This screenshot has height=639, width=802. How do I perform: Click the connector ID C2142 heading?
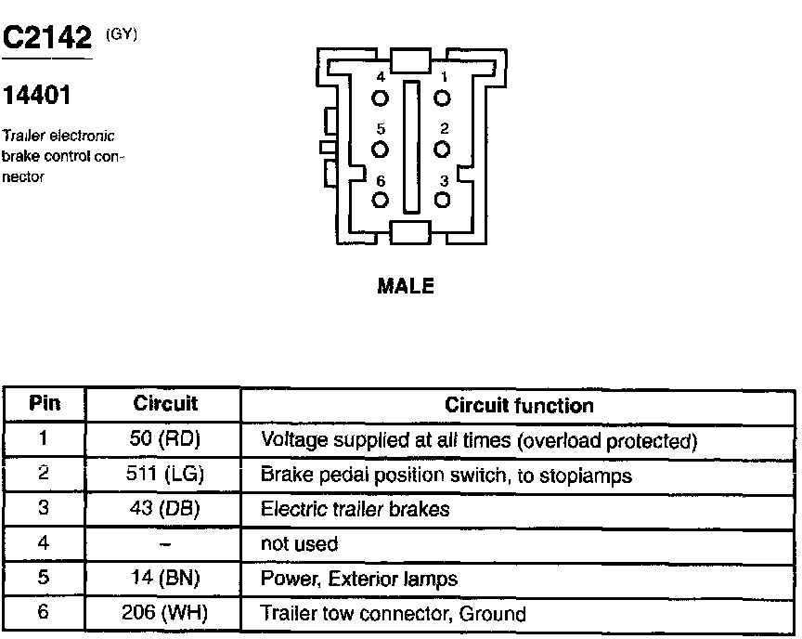[x=48, y=38]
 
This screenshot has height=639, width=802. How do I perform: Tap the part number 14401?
[x=37, y=97]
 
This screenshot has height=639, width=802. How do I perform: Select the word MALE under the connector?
[x=406, y=287]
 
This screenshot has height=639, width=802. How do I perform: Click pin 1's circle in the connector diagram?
[x=443, y=98]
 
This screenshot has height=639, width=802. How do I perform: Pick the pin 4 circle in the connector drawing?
[x=380, y=98]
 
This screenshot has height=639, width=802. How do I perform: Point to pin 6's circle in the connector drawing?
[x=380, y=200]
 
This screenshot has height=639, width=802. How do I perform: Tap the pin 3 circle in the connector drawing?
[x=443, y=199]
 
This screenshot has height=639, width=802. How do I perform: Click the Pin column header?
[x=45, y=404]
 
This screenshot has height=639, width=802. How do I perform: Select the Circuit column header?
[x=165, y=404]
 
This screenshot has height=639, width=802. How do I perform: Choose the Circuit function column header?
[x=519, y=405]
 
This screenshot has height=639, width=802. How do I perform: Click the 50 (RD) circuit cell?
[x=165, y=439]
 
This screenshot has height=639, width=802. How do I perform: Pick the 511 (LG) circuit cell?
[x=165, y=475]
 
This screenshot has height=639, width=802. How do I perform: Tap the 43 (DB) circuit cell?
[x=165, y=509]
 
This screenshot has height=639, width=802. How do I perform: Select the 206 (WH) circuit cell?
[x=165, y=613]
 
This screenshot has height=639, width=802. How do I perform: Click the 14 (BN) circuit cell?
[x=165, y=579]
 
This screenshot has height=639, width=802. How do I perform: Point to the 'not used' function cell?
[x=299, y=544]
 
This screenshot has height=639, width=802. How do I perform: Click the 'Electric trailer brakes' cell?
[x=355, y=509]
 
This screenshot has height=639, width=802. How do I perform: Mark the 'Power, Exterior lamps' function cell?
[x=359, y=579]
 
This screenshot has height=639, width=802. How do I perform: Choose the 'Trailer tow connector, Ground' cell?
[x=394, y=613]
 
